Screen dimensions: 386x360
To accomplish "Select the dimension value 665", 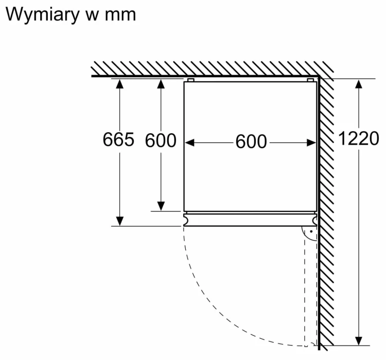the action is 118,139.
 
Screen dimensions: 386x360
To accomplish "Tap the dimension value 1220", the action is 359,138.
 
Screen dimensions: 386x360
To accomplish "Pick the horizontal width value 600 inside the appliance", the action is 251,142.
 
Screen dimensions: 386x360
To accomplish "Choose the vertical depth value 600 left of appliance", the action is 161,140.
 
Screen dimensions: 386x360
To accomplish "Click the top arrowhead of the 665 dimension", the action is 119,84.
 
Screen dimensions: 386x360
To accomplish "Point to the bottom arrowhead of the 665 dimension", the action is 119,221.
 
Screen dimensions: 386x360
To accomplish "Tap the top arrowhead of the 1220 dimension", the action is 359,84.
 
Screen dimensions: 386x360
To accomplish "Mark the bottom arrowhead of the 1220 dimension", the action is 359,341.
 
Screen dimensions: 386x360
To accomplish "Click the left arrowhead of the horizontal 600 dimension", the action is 189,142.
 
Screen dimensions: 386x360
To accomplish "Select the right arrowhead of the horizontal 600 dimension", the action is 311,142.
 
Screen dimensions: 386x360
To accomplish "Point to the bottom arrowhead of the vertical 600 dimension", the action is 161,206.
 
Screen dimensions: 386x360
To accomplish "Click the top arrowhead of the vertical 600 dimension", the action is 161,84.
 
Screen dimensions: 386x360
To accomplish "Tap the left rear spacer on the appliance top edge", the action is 191,80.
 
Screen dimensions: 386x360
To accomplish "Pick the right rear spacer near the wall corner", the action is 310,80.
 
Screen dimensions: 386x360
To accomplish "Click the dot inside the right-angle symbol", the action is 311,231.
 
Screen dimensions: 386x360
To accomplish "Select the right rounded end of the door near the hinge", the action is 314,220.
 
